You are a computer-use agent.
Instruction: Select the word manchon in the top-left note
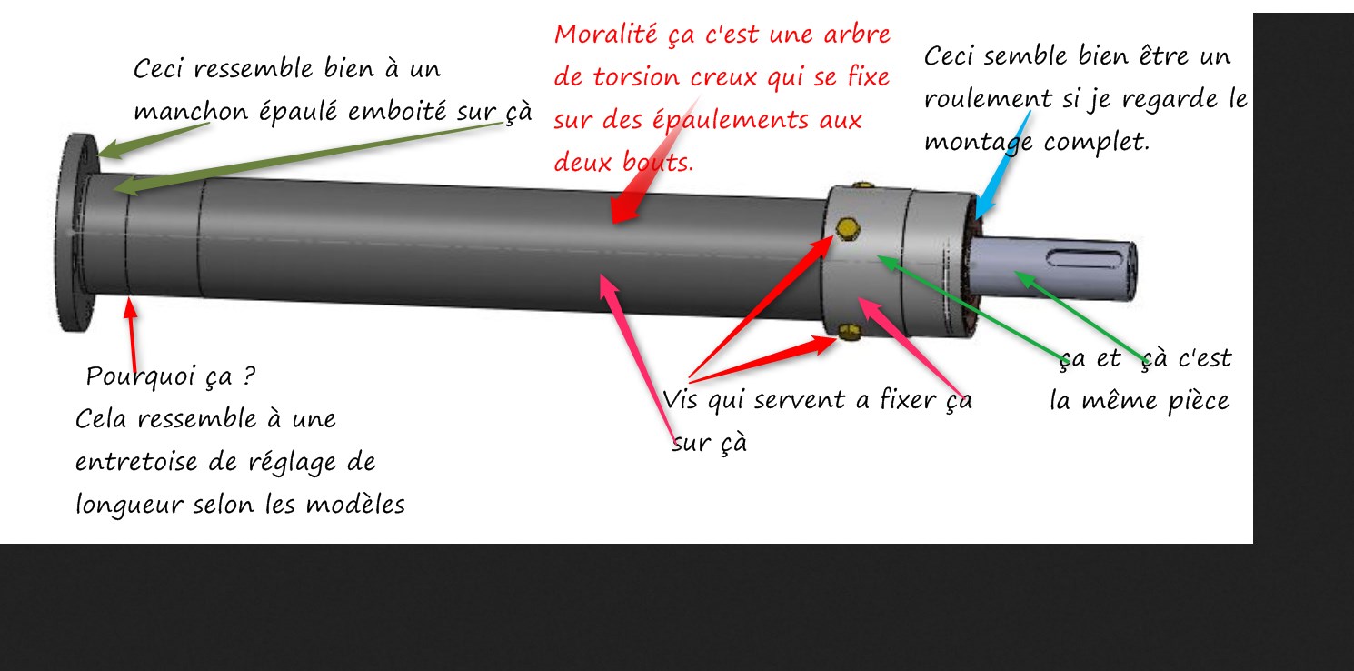pyautogui.click(x=191, y=112)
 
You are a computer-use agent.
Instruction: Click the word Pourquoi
pyautogui.click(x=141, y=376)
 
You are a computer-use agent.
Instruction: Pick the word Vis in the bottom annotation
pyautogui.click(x=682, y=400)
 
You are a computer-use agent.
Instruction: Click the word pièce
pyautogui.click(x=1198, y=402)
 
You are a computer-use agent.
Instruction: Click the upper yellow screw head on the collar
pyautogui.click(x=848, y=229)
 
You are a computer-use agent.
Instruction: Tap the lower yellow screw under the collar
pyautogui.click(x=850, y=332)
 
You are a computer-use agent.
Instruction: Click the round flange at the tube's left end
pyautogui.click(x=75, y=233)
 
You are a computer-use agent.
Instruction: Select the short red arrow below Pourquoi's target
pyautogui.click(x=131, y=335)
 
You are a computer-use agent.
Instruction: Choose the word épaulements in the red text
pyautogui.click(x=731, y=120)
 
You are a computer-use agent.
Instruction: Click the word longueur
pyautogui.click(x=128, y=506)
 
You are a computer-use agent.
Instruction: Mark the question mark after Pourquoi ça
pyautogui.click(x=249, y=376)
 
